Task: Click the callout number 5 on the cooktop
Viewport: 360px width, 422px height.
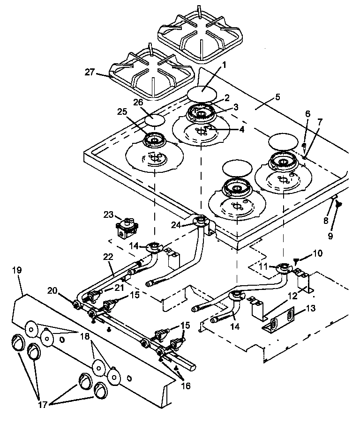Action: click(x=277, y=97)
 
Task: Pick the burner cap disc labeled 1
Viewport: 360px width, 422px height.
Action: click(x=202, y=94)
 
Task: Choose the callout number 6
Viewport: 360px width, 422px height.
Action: click(x=307, y=113)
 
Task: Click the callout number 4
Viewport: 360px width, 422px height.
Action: click(x=242, y=129)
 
